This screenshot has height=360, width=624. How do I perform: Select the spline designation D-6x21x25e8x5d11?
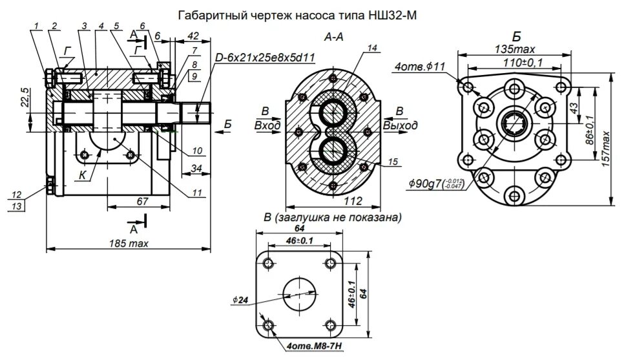pyautogui.click(x=265, y=58)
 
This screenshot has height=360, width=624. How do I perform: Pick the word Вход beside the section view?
pyautogui.click(x=267, y=125)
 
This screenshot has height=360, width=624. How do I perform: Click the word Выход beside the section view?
pyautogui.click(x=400, y=125)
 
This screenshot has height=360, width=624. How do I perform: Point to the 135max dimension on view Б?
pyautogui.click(x=514, y=49)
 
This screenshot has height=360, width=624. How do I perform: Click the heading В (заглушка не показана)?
pyautogui.click(x=329, y=218)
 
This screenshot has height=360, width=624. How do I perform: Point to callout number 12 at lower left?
pyautogui.click(x=17, y=193)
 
